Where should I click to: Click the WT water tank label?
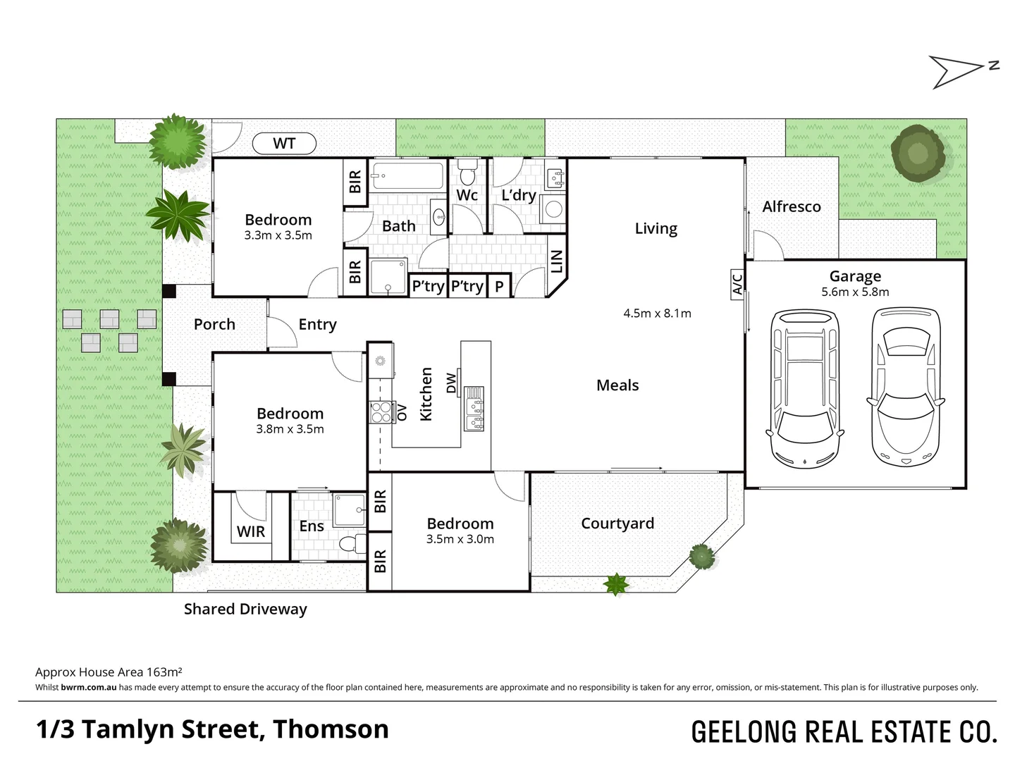(x=284, y=144)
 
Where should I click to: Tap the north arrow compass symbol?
(x=962, y=71)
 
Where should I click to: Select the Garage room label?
(x=855, y=276)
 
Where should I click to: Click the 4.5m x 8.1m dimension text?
(x=657, y=314)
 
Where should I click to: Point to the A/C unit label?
(x=737, y=284)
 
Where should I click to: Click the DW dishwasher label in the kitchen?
(x=452, y=383)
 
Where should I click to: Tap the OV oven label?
(x=402, y=412)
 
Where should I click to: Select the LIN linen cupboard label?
(x=557, y=261)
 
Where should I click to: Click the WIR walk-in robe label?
(x=251, y=531)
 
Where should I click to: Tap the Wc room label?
(x=467, y=195)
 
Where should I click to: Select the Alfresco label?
(x=792, y=206)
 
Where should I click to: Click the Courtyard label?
(x=617, y=524)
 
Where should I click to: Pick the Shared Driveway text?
(x=245, y=609)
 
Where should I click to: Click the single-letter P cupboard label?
(x=499, y=286)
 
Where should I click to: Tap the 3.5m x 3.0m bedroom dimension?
(x=460, y=540)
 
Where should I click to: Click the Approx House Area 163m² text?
(x=109, y=672)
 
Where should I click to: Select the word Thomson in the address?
(x=331, y=729)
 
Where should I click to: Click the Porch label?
(x=214, y=324)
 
